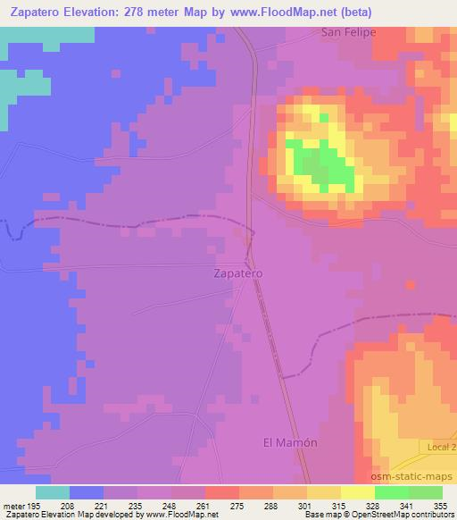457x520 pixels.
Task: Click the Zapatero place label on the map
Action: pyautogui.click(x=239, y=274)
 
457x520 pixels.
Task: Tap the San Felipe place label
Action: pyautogui.click(x=348, y=32)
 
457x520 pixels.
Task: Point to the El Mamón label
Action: pyautogui.click(x=291, y=442)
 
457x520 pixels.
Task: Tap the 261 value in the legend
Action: pyautogui.click(x=204, y=506)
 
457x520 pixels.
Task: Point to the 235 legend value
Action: pyautogui.click(x=137, y=506)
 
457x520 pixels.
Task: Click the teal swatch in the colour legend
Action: pyautogui.click(x=53, y=492)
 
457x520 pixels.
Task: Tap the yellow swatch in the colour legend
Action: pyautogui.click(x=357, y=492)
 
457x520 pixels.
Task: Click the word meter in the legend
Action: pyautogui.click(x=14, y=506)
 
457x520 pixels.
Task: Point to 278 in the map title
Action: pyautogui.click(x=157, y=12)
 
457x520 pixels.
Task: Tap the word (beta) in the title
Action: pyautogui.click(x=353, y=12)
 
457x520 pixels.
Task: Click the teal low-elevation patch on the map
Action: pyautogui.click(x=27, y=85)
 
